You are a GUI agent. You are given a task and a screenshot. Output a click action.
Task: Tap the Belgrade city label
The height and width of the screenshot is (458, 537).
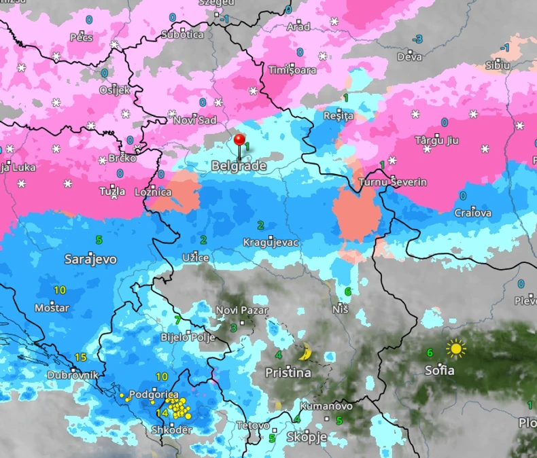(x=238, y=165)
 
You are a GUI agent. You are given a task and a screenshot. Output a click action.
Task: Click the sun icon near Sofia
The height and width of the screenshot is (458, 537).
(x=456, y=349)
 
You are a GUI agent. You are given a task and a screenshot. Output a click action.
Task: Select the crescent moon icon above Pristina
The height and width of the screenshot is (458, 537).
(x=306, y=352)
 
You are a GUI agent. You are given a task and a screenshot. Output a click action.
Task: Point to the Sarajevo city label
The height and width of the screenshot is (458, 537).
(x=90, y=259)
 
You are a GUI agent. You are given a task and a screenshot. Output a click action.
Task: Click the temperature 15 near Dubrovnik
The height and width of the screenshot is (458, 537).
(x=80, y=357)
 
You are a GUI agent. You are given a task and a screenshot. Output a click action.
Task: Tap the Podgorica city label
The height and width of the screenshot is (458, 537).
(x=154, y=395)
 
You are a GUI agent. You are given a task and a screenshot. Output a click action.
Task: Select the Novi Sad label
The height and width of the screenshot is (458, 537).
(x=195, y=120)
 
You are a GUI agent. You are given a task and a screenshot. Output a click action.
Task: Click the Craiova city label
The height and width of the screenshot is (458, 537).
(x=472, y=213)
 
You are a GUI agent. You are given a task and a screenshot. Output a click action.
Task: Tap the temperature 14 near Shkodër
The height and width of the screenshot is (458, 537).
(x=162, y=412)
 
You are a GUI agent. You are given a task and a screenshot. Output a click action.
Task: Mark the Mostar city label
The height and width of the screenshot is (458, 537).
(x=52, y=308)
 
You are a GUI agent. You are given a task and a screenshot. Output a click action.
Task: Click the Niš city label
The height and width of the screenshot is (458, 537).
(x=341, y=309)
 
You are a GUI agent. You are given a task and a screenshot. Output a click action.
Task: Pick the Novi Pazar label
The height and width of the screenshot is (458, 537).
(x=242, y=311)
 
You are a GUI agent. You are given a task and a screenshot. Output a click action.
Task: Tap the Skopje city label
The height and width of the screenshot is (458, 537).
(x=307, y=436)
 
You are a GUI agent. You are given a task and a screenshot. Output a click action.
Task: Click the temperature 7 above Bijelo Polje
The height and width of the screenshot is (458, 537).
(x=177, y=319)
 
